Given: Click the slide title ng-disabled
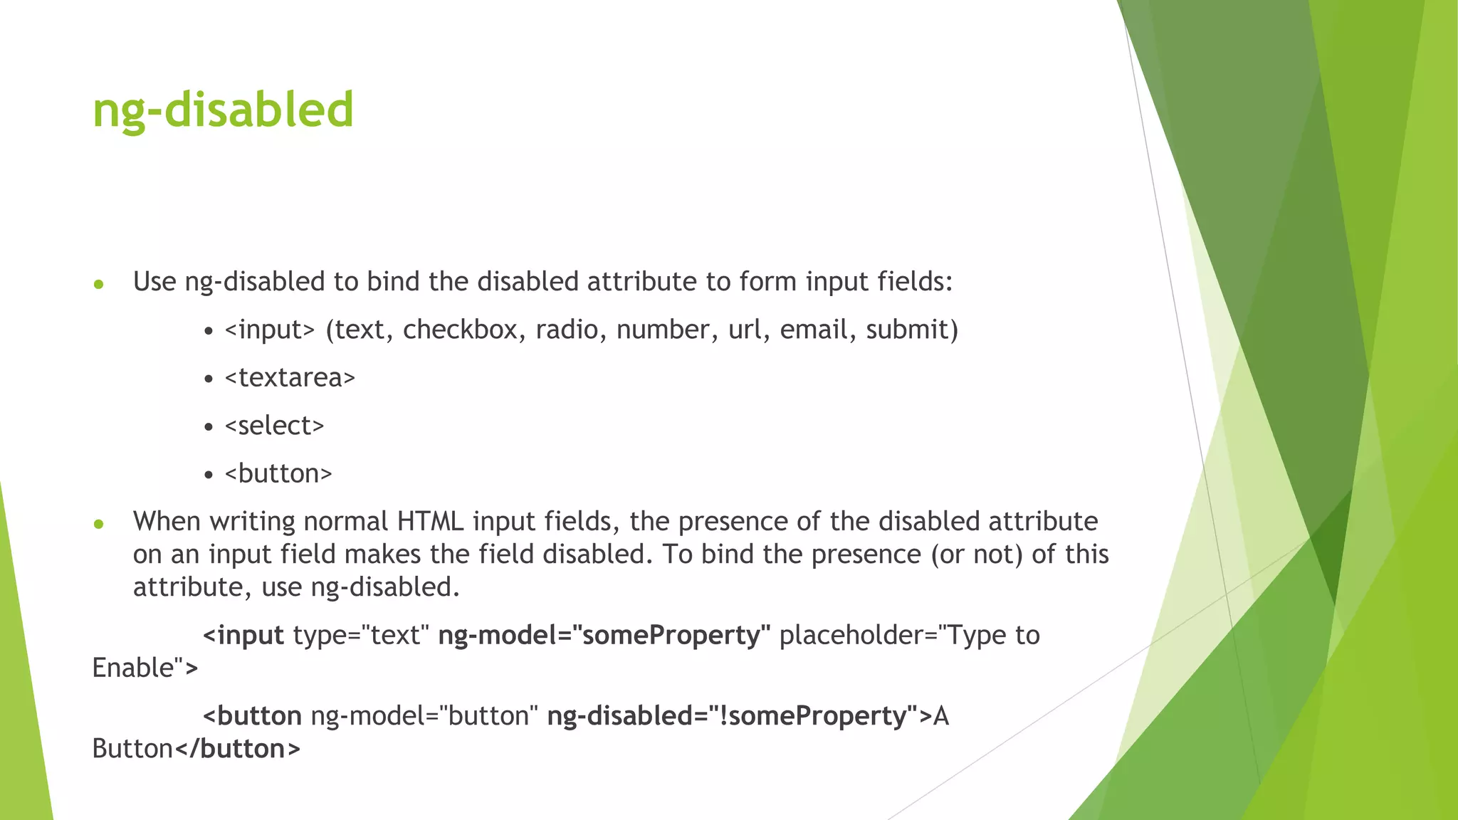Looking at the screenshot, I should point(223,110).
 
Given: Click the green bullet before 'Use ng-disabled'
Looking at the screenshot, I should point(99,285).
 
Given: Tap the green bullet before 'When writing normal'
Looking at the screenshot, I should point(99,525).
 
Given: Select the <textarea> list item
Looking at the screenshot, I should point(289,377).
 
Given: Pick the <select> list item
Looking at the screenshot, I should point(274,426).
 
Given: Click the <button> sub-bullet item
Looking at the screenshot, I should point(278,473).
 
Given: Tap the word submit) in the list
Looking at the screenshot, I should point(912,330).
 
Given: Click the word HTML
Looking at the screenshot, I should point(430,522).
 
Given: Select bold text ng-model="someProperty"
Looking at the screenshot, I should point(604,635).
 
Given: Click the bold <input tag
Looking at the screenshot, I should point(243,635).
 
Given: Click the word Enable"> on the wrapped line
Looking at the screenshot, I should point(145,668).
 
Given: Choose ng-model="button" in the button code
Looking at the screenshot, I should point(424,716).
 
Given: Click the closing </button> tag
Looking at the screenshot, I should point(237,749).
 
